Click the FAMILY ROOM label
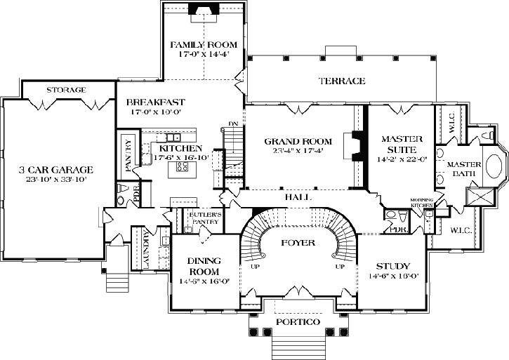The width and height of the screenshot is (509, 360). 203,45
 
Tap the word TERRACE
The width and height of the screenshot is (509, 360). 341,81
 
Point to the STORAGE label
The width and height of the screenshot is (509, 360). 66,90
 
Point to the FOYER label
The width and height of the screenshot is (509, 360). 298,242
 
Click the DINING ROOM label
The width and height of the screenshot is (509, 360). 204,266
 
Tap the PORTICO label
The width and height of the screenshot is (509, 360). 298,321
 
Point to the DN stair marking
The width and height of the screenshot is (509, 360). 234,125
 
